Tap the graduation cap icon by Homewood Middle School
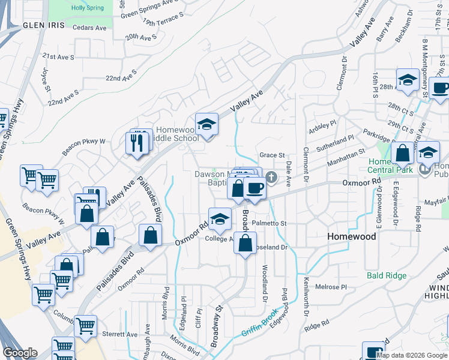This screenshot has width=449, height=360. (x=206, y=124)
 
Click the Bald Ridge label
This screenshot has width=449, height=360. (x=387, y=275)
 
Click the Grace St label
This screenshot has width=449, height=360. (x=271, y=155)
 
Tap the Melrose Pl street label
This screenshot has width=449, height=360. (x=332, y=287)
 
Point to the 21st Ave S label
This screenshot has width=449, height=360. (x=58, y=57)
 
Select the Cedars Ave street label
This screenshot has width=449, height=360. (x=89, y=27)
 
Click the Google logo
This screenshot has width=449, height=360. (x=20, y=353)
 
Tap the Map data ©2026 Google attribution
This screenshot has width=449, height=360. (x=411, y=355)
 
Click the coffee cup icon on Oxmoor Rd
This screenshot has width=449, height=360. (x=255, y=188)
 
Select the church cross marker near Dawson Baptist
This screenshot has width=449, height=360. (x=271, y=177)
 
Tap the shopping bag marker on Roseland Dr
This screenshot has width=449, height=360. (x=245, y=244)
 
